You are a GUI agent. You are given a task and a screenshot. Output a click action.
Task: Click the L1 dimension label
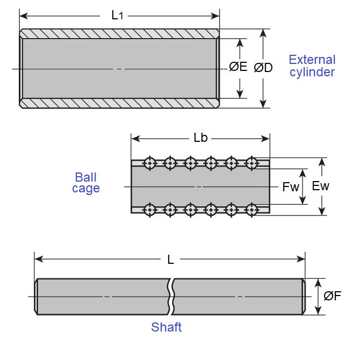117,15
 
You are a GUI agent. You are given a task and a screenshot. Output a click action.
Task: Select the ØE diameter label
238,67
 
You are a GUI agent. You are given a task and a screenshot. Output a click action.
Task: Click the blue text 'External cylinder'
312,66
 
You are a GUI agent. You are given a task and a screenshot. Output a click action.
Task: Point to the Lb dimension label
200,138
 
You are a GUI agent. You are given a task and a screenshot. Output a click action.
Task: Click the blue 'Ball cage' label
86,183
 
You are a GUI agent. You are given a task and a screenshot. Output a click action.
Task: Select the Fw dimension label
291,187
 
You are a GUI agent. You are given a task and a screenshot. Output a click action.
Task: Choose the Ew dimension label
321,186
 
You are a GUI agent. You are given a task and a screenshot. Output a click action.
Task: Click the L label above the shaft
170,260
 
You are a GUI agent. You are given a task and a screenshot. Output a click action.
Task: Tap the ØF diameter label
333,296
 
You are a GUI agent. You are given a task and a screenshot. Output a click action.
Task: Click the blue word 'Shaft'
166,327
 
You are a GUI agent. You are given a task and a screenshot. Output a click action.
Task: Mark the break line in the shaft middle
171,296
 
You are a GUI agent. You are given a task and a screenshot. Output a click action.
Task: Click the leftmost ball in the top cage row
149,162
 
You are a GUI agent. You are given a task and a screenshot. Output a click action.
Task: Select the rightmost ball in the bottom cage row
251,209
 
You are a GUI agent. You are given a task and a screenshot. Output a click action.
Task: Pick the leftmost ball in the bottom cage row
149,209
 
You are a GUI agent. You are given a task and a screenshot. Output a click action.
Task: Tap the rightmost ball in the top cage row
251,162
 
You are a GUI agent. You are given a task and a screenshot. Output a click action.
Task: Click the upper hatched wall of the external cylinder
119,34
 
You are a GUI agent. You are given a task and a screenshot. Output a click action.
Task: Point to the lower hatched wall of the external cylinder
119,103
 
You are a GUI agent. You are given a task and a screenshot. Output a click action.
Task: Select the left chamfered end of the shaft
37,296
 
